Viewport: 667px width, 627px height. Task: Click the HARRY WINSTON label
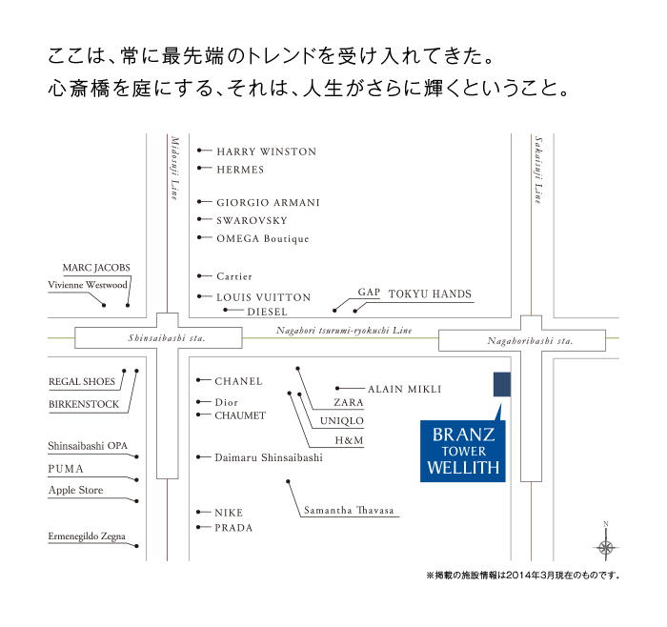coord(266,152)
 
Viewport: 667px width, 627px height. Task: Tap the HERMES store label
coord(240,170)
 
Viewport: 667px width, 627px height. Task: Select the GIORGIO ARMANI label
coord(268,203)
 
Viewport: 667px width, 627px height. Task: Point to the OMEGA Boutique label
coord(263,238)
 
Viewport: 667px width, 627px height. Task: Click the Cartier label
coord(234,276)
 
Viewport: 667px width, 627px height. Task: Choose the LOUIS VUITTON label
coord(263,297)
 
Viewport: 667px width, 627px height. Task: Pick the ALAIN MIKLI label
coord(404,389)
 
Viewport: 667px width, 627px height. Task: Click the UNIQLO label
coord(342,421)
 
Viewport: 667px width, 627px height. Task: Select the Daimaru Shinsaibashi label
coord(269,457)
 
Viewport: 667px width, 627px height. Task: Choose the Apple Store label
coord(76,491)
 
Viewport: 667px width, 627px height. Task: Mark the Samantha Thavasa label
coord(349,511)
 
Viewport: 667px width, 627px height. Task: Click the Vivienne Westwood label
coord(88,285)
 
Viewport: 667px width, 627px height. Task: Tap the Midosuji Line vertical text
coord(174,167)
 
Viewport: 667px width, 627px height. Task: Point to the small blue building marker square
coord(502,384)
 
